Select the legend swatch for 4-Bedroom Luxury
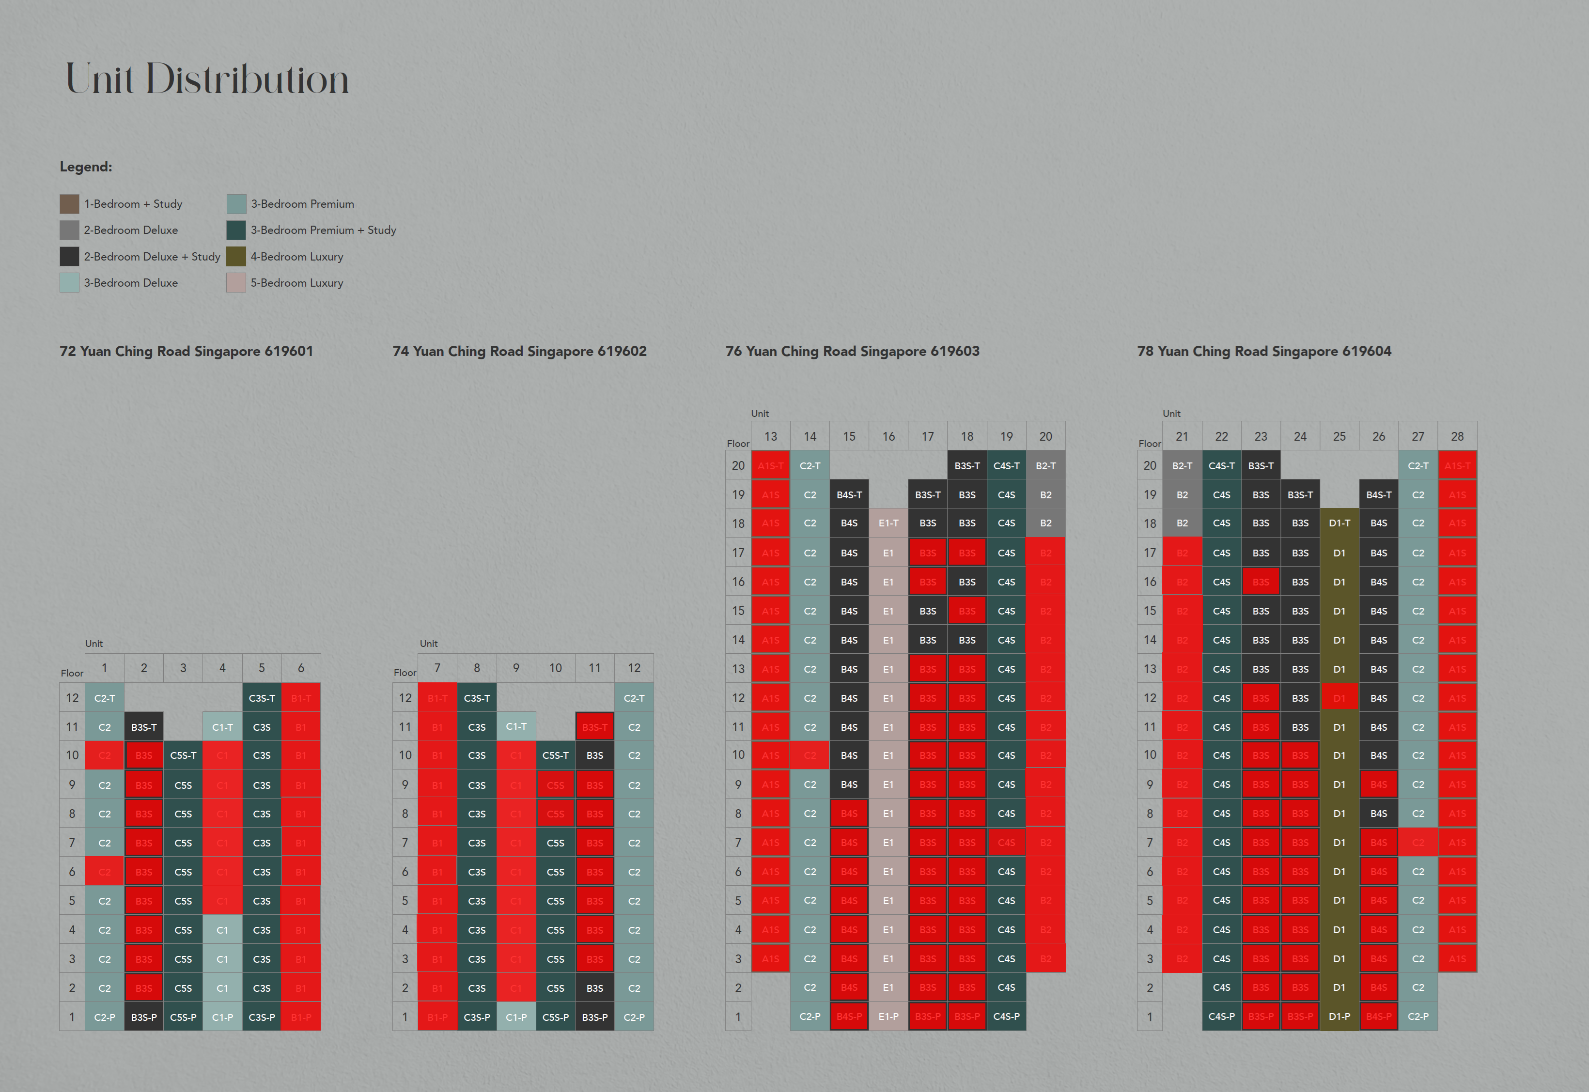coord(236,257)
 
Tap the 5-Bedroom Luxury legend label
coord(296,283)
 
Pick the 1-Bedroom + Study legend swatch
coord(69,204)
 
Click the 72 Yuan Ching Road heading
coord(186,351)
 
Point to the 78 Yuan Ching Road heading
coord(1264,351)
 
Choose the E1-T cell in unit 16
coord(888,523)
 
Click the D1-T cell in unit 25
coord(1339,523)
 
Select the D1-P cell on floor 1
coord(1339,1017)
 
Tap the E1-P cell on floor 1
coord(888,1017)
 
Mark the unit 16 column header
coord(888,436)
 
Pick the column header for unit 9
coord(516,668)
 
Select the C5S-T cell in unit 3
coord(183,755)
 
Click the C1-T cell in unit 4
coord(222,727)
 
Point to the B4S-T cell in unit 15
coord(849,495)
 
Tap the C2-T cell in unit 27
coord(1418,466)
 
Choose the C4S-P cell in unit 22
coord(1221,1017)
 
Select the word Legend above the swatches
coord(86,167)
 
